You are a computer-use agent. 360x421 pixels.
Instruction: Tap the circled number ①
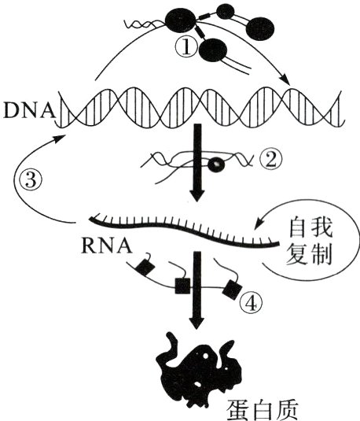pyautogui.click(x=183, y=47)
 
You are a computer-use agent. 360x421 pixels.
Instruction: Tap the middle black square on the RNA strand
pyautogui.click(x=182, y=285)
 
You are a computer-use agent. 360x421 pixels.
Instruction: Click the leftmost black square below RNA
pyautogui.click(x=145, y=268)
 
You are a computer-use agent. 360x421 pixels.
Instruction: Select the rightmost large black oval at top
pyautogui.click(x=261, y=28)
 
